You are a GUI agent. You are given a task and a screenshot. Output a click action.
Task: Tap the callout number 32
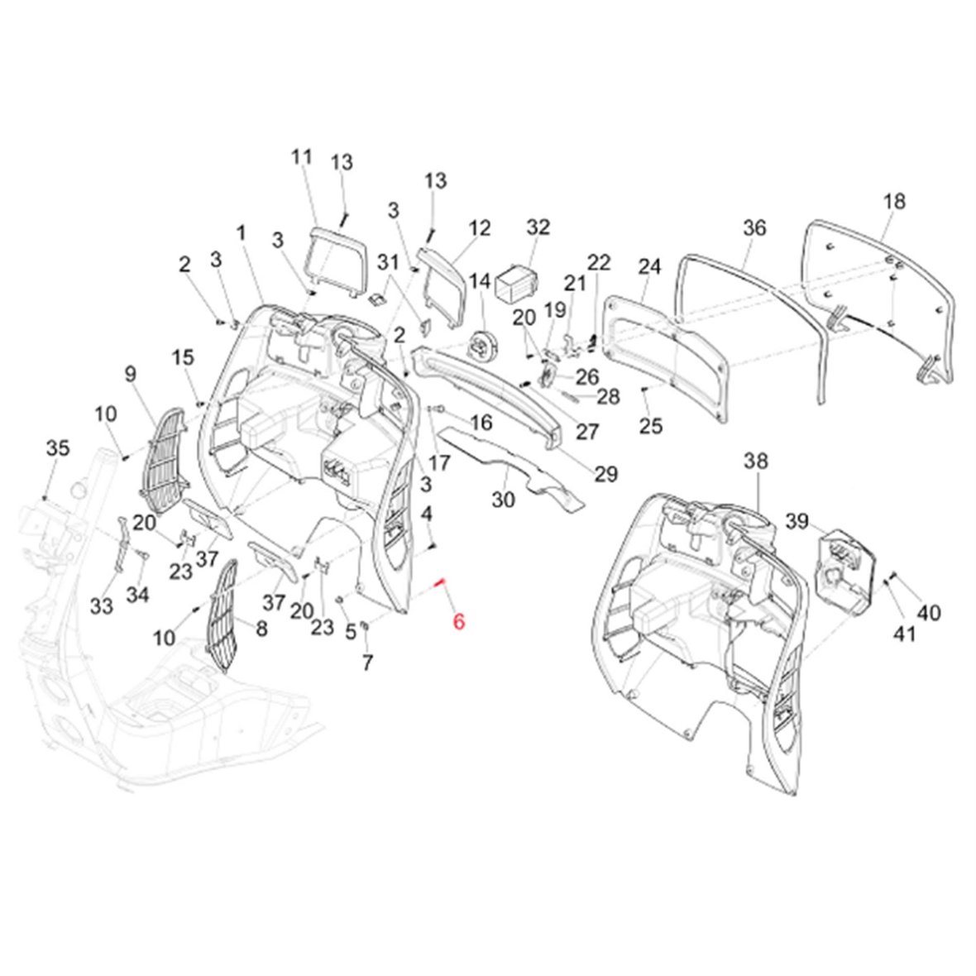(538, 227)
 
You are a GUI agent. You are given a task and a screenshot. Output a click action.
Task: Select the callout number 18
(893, 201)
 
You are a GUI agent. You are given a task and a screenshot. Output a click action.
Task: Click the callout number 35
(57, 449)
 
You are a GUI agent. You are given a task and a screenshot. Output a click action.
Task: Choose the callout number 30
(504, 500)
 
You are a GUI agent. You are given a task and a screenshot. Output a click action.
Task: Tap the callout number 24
(649, 267)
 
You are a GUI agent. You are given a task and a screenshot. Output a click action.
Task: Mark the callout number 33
(101, 606)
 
